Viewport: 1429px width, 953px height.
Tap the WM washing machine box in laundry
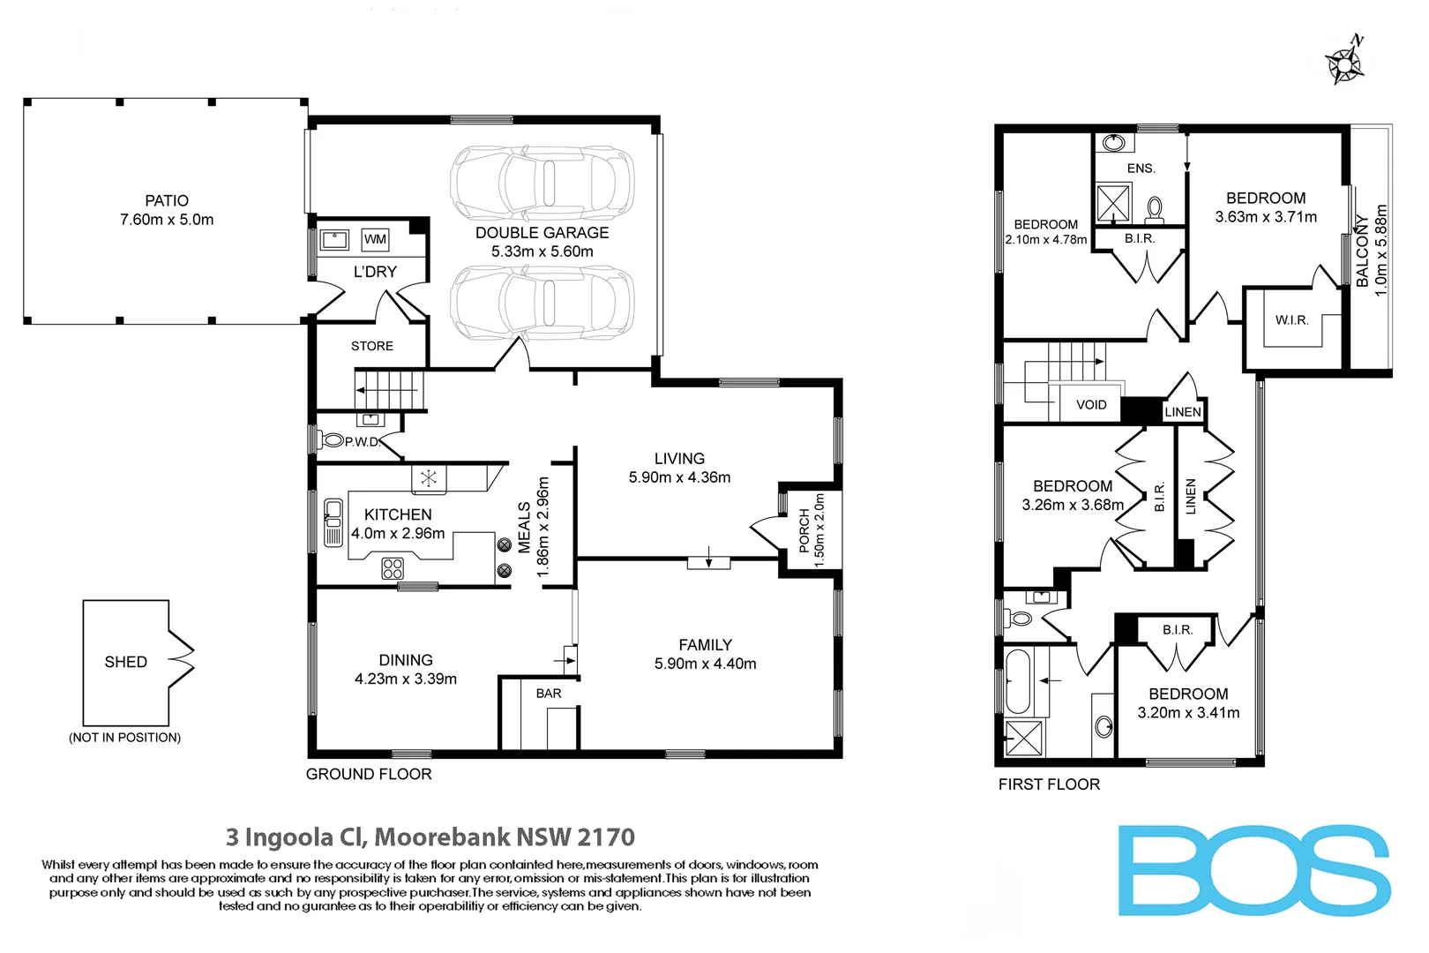pyautogui.click(x=375, y=239)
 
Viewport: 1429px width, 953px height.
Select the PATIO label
pyautogui.click(x=167, y=201)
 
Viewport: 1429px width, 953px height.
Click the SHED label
pyautogui.click(x=125, y=662)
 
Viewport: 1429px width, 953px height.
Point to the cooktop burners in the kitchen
pyautogui.click(x=393, y=568)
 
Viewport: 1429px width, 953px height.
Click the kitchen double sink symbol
pyautogui.click(x=333, y=522)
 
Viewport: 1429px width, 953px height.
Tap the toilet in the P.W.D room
pyautogui.click(x=333, y=439)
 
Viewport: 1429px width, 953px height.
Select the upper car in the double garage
pyautogui.click(x=542, y=184)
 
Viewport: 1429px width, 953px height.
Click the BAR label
pyautogui.click(x=548, y=694)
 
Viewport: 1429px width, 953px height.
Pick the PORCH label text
pyautogui.click(x=804, y=530)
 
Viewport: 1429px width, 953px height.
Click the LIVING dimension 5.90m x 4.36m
pyautogui.click(x=679, y=477)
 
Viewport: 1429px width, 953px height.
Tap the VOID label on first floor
pyautogui.click(x=1090, y=405)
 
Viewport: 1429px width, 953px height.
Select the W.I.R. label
pyautogui.click(x=1291, y=320)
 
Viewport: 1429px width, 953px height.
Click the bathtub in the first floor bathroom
pyautogui.click(x=1018, y=681)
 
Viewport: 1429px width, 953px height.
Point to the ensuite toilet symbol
pyautogui.click(x=1154, y=209)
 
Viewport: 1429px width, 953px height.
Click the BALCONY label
pyautogui.click(x=1363, y=251)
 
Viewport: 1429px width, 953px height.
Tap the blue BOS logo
pyautogui.click(x=1253, y=870)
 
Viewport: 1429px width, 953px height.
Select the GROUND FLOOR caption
pyautogui.click(x=369, y=774)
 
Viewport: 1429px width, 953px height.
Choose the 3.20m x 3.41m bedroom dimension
pyautogui.click(x=1187, y=713)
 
